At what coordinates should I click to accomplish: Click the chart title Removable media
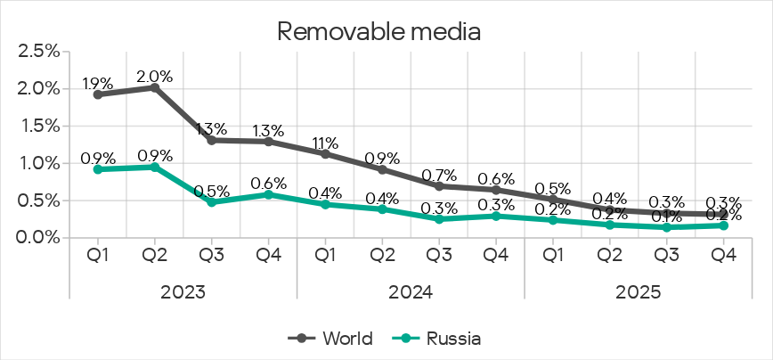tap(379, 32)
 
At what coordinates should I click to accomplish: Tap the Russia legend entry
tap(441, 339)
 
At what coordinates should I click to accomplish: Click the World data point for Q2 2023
tap(154, 87)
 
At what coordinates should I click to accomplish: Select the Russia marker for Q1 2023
tap(97, 169)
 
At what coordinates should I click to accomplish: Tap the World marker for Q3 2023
tap(211, 140)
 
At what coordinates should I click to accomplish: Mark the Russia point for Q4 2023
tap(268, 194)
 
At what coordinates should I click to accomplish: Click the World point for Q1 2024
tap(325, 154)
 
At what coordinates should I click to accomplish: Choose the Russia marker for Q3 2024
tap(439, 219)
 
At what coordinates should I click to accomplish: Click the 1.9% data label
tap(97, 85)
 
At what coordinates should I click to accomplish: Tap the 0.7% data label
tap(439, 175)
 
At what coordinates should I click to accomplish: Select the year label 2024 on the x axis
tap(411, 292)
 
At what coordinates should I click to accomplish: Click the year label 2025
tap(638, 292)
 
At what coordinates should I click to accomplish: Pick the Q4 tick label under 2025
tap(723, 256)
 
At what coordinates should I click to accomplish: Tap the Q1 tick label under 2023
tap(97, 256)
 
